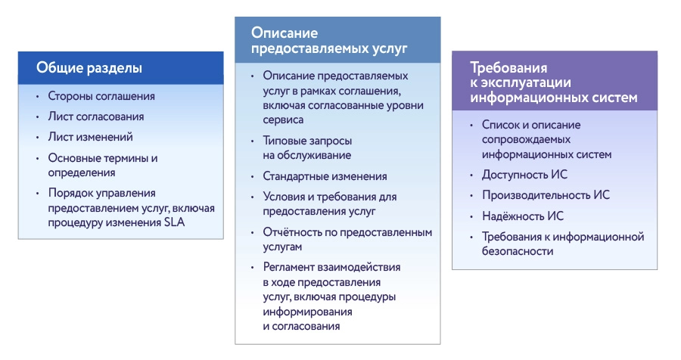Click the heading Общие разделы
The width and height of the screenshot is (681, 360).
89,68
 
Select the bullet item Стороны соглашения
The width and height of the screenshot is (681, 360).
101,97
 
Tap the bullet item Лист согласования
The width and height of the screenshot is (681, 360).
96,117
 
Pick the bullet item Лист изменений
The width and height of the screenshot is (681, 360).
91,138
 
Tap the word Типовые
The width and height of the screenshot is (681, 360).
284,141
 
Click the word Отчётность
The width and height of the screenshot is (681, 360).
292,232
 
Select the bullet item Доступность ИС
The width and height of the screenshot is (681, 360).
524,175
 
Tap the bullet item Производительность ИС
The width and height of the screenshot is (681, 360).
546,195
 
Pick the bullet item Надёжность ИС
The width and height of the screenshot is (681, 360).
523,216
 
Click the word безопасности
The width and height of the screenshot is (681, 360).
513,251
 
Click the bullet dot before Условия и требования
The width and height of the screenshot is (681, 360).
252,197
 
